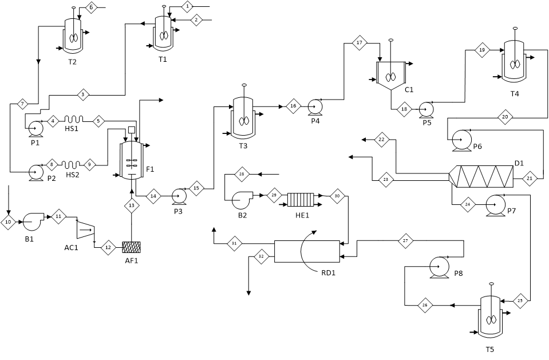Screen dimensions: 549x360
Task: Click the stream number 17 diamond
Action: (x=360, y=43)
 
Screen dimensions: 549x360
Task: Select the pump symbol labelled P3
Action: (x=179, y=196)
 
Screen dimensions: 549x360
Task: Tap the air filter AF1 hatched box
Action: (x=132, y=247)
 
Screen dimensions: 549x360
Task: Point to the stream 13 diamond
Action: (x=132, y=205)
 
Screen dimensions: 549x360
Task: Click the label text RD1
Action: (x=329, y=273)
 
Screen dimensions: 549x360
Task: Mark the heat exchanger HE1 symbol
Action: (x=301, y=200)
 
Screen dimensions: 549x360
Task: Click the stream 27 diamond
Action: (x=405, y=241)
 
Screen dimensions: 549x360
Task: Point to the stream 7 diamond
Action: (x=22, y=104)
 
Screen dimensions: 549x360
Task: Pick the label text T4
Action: (x=514, y=94)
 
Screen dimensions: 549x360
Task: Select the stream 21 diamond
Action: (x=530, y=178)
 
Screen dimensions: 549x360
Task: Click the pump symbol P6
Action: (x=461, y=140)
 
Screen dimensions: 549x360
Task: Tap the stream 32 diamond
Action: (x=261, y=256)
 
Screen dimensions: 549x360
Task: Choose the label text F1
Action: (x=150, y=169)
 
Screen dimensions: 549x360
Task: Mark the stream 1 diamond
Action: (x=187, y=7)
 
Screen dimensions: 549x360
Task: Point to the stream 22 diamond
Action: (x=382, y=140)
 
